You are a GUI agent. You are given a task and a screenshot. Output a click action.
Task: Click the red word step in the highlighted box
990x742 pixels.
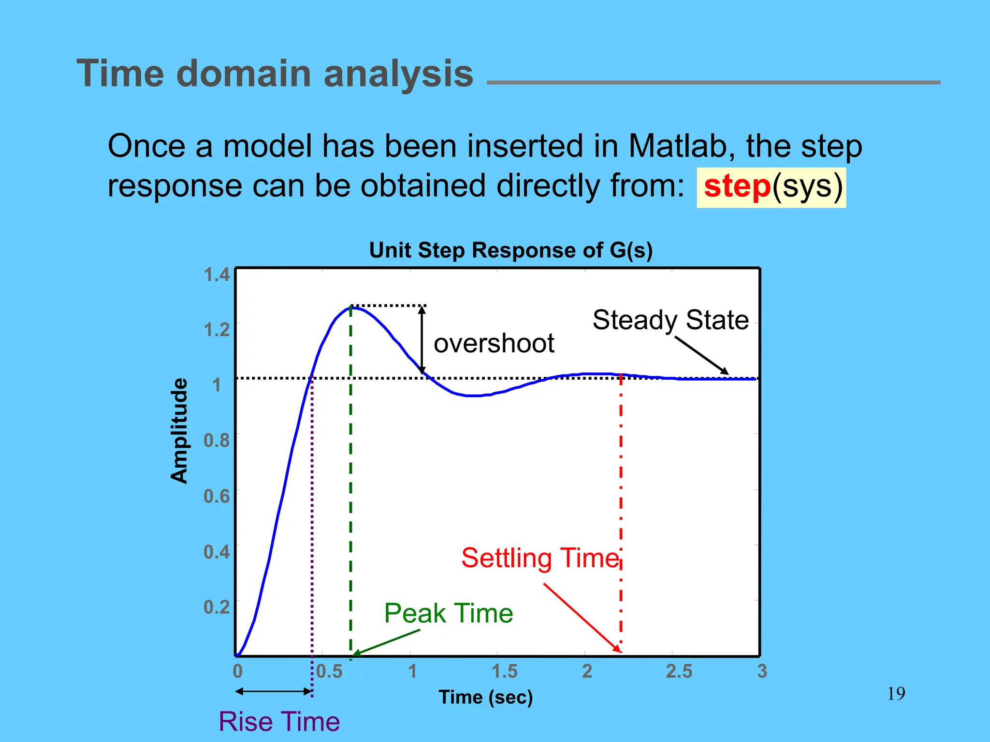click(737, 186)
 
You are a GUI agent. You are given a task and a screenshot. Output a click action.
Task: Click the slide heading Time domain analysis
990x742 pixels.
click(275, 73)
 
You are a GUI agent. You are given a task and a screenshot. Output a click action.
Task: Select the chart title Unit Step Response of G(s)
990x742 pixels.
click(510, 250)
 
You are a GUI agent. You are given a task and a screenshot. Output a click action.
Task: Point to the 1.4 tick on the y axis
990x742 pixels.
click(216, 274)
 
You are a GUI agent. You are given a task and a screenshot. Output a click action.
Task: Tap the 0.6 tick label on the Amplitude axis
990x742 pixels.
click(216, 496)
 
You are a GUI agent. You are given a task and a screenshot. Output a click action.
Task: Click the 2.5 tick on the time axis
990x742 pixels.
click(679, 671)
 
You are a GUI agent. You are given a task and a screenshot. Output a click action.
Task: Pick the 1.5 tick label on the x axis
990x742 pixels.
click(504, 671)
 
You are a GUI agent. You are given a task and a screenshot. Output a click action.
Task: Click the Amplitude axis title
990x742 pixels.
click(179, 431)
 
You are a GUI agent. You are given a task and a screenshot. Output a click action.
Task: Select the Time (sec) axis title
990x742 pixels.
click(485, 697)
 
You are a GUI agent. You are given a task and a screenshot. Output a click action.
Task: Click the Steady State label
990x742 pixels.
click(670, 320)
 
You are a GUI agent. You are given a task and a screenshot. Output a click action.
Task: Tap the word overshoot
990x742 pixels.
click(494, 343)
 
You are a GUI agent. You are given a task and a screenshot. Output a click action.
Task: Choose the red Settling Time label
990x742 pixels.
click(540, 558)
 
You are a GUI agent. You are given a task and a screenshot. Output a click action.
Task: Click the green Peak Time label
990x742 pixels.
click(448, 613)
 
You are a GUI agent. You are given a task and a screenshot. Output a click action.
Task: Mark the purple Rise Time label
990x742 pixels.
click(279, 721)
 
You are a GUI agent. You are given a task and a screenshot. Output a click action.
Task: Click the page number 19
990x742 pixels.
click(896, 694)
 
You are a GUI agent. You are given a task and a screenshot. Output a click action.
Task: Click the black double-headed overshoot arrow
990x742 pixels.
click(422, 340)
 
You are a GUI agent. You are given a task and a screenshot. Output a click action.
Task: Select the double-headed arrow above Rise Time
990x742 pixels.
click(274, 691)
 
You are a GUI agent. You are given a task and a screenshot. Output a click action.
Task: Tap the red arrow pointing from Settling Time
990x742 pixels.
click(582, 618)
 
